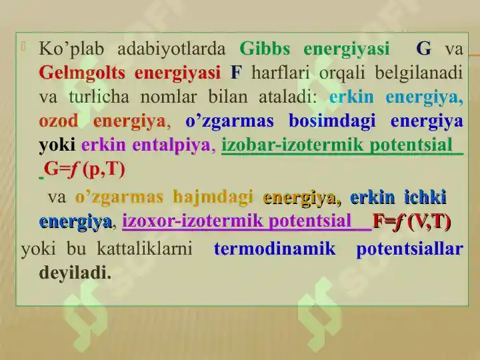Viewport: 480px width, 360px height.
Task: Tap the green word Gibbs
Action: coord(265,49)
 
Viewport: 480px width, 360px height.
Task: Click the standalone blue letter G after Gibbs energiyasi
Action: coord(423,49)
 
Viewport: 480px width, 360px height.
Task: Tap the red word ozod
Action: coord(59,121)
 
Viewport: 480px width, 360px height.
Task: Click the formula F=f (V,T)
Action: coord(411,221)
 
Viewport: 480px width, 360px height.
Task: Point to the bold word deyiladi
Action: coord(75,273)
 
